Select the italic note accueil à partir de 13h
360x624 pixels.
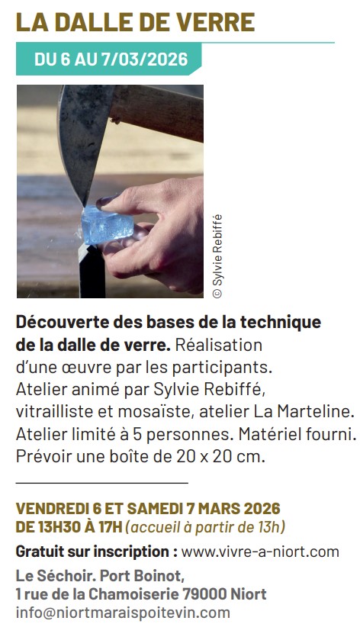206,526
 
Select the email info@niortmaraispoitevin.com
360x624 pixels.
122,612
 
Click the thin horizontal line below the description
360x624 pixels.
101,483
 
